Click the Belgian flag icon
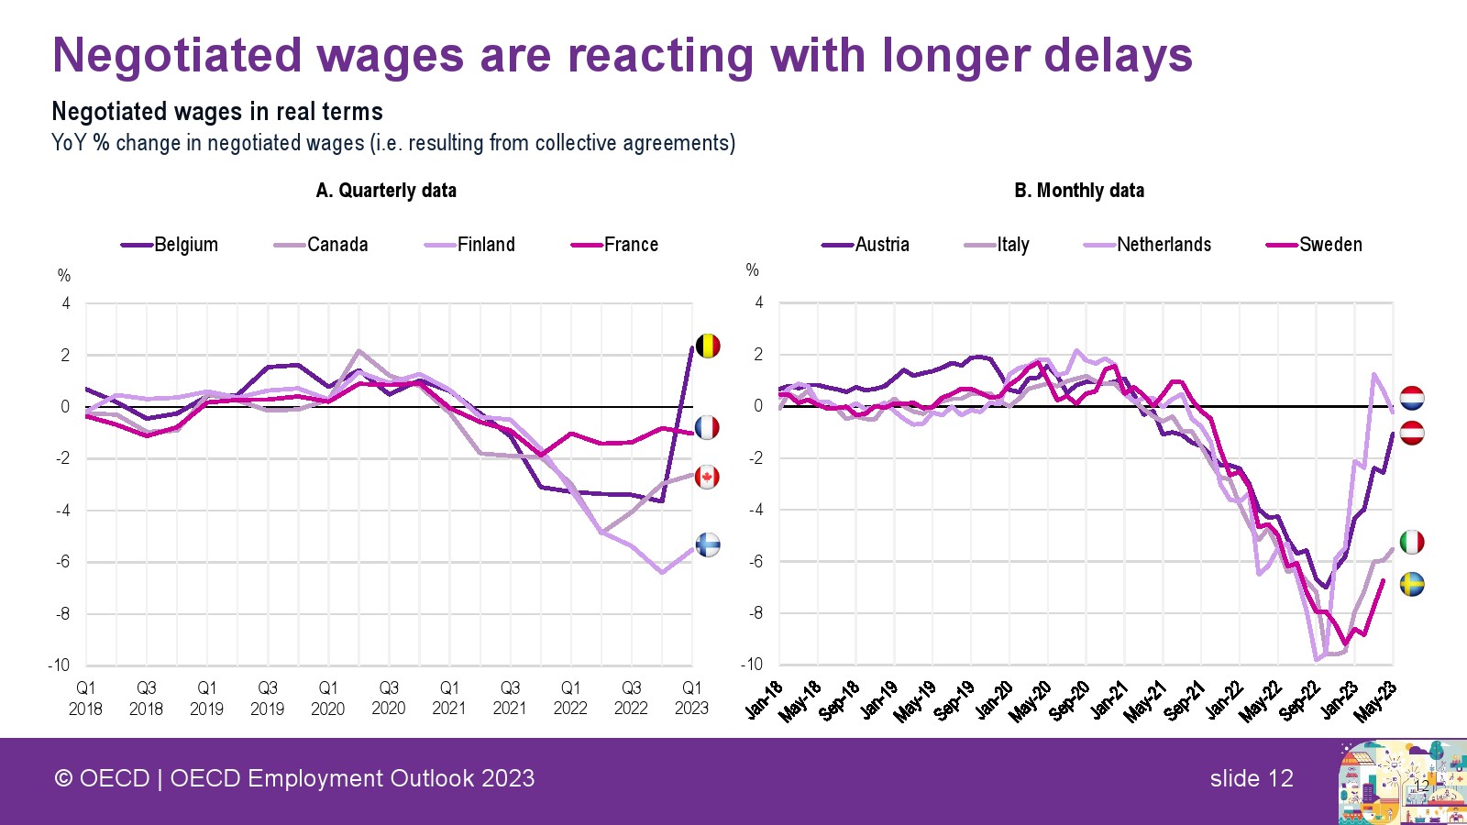pos(708,346)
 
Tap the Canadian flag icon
pos(707,477)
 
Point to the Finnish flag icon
pos(708,544)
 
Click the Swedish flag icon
pos(1412,584)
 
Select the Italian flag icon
pos(1412,542)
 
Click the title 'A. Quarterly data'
pos(386,191)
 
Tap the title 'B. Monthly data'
pos(1079,191)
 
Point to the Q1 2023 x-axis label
pos(691,698)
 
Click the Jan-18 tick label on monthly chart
pos(764,700)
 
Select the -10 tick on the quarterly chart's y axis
pos(59,665)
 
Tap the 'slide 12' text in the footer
pos(1251,779)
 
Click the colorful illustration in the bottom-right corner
pos(1401,783)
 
